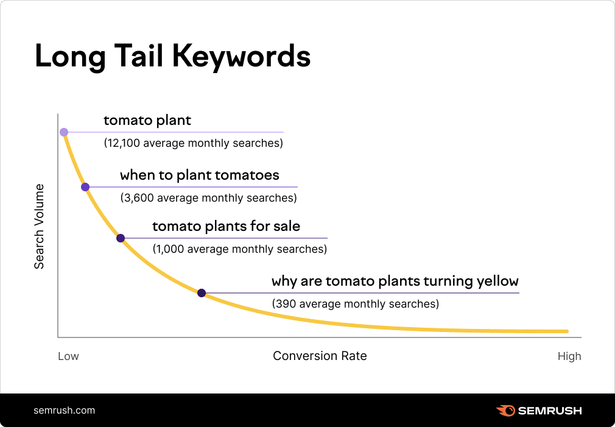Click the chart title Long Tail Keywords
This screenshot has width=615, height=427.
(x=172, y=56)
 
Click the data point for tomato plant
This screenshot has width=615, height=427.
(x=64, y=132)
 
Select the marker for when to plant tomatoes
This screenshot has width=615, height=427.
(x=85, y=187)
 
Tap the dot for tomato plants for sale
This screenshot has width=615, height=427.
(x=121, y=238)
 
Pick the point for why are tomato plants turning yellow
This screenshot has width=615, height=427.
(x=202, y=293)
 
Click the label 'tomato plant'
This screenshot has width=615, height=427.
(x=147, y=121)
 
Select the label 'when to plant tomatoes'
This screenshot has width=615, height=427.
(x=200, y=175)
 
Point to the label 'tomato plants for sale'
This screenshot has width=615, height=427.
(x=226, y=227)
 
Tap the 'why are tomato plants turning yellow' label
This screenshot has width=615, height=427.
(x=395, y=281)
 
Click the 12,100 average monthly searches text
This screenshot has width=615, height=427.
(x=193, y=144)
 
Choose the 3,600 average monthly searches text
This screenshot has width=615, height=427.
(x=208, y=198)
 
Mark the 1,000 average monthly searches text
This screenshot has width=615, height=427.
(x=239, y=249)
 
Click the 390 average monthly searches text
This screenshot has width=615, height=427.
(x=355, y=303)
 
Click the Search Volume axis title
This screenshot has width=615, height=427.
(x=40, y=226)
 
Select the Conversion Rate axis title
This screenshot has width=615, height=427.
(x=320, y=356)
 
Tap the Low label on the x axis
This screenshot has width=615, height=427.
(x=68, y=356)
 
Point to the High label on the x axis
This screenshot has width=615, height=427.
(x=569, y=356)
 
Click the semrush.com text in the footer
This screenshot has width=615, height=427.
(x=65, y=410)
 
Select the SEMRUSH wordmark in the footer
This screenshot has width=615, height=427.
(x=550, y=411)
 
